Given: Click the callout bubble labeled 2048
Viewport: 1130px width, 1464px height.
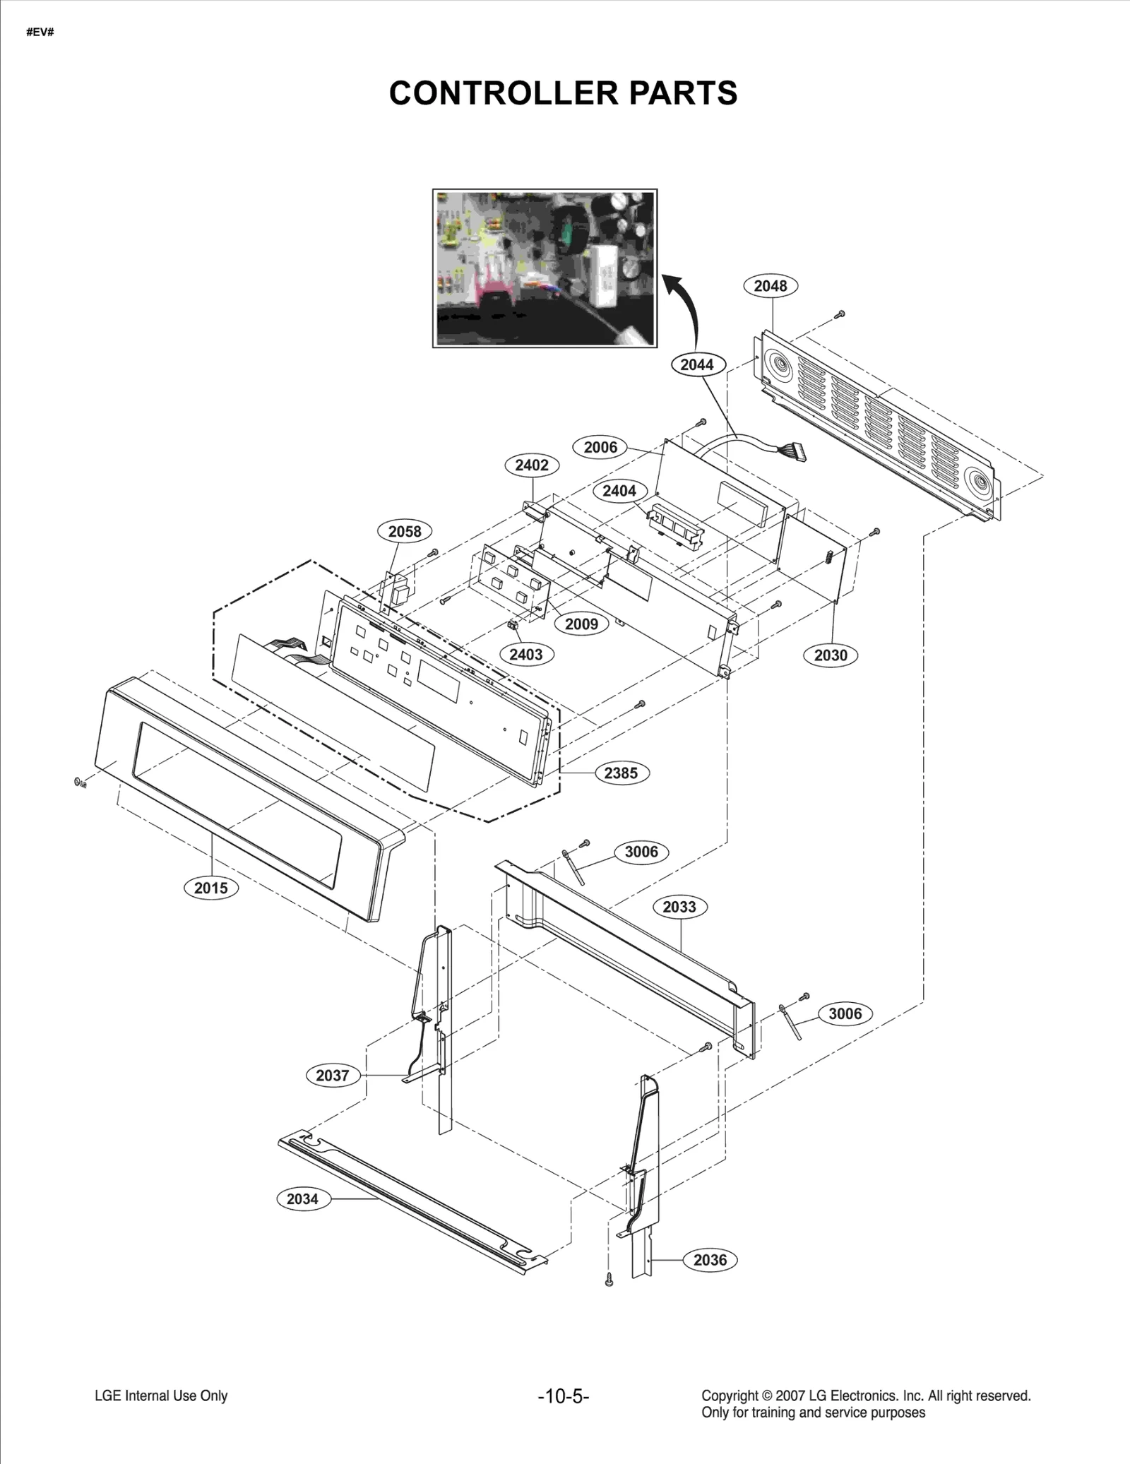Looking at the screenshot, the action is pos(770,286).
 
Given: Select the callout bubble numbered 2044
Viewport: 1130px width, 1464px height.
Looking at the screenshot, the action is pos(696,364).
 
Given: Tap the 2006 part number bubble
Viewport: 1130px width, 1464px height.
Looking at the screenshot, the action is pos(600,447).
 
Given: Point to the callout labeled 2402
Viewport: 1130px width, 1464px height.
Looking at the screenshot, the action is pos(532,465).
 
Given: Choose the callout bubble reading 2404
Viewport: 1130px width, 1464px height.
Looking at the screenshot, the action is pos(619,491).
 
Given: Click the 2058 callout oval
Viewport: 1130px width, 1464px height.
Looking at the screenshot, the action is pos(405,531).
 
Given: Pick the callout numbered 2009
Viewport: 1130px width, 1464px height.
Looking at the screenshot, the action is pos(581,624).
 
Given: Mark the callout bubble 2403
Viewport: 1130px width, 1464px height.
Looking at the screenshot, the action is pos(526,655).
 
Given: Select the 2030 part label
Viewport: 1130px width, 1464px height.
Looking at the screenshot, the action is pos(831,655).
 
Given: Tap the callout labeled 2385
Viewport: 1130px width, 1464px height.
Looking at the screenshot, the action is pos(621,773).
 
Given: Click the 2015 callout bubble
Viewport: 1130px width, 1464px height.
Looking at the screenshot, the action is pos(211,888).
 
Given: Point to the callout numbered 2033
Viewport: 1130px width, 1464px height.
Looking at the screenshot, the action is pos(679,907).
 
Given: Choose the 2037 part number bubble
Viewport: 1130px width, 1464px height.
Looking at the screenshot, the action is pos(333,1076).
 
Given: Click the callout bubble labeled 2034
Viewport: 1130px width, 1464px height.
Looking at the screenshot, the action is pos(302,1198).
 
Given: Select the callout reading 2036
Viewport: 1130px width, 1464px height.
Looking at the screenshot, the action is pos(710,1260).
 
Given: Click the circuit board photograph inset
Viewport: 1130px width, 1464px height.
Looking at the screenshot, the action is pos(545,268).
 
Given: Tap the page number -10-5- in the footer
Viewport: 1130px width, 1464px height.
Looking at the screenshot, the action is pos(564,1396).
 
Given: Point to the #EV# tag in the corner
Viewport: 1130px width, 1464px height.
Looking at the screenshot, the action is pos(40,33).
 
